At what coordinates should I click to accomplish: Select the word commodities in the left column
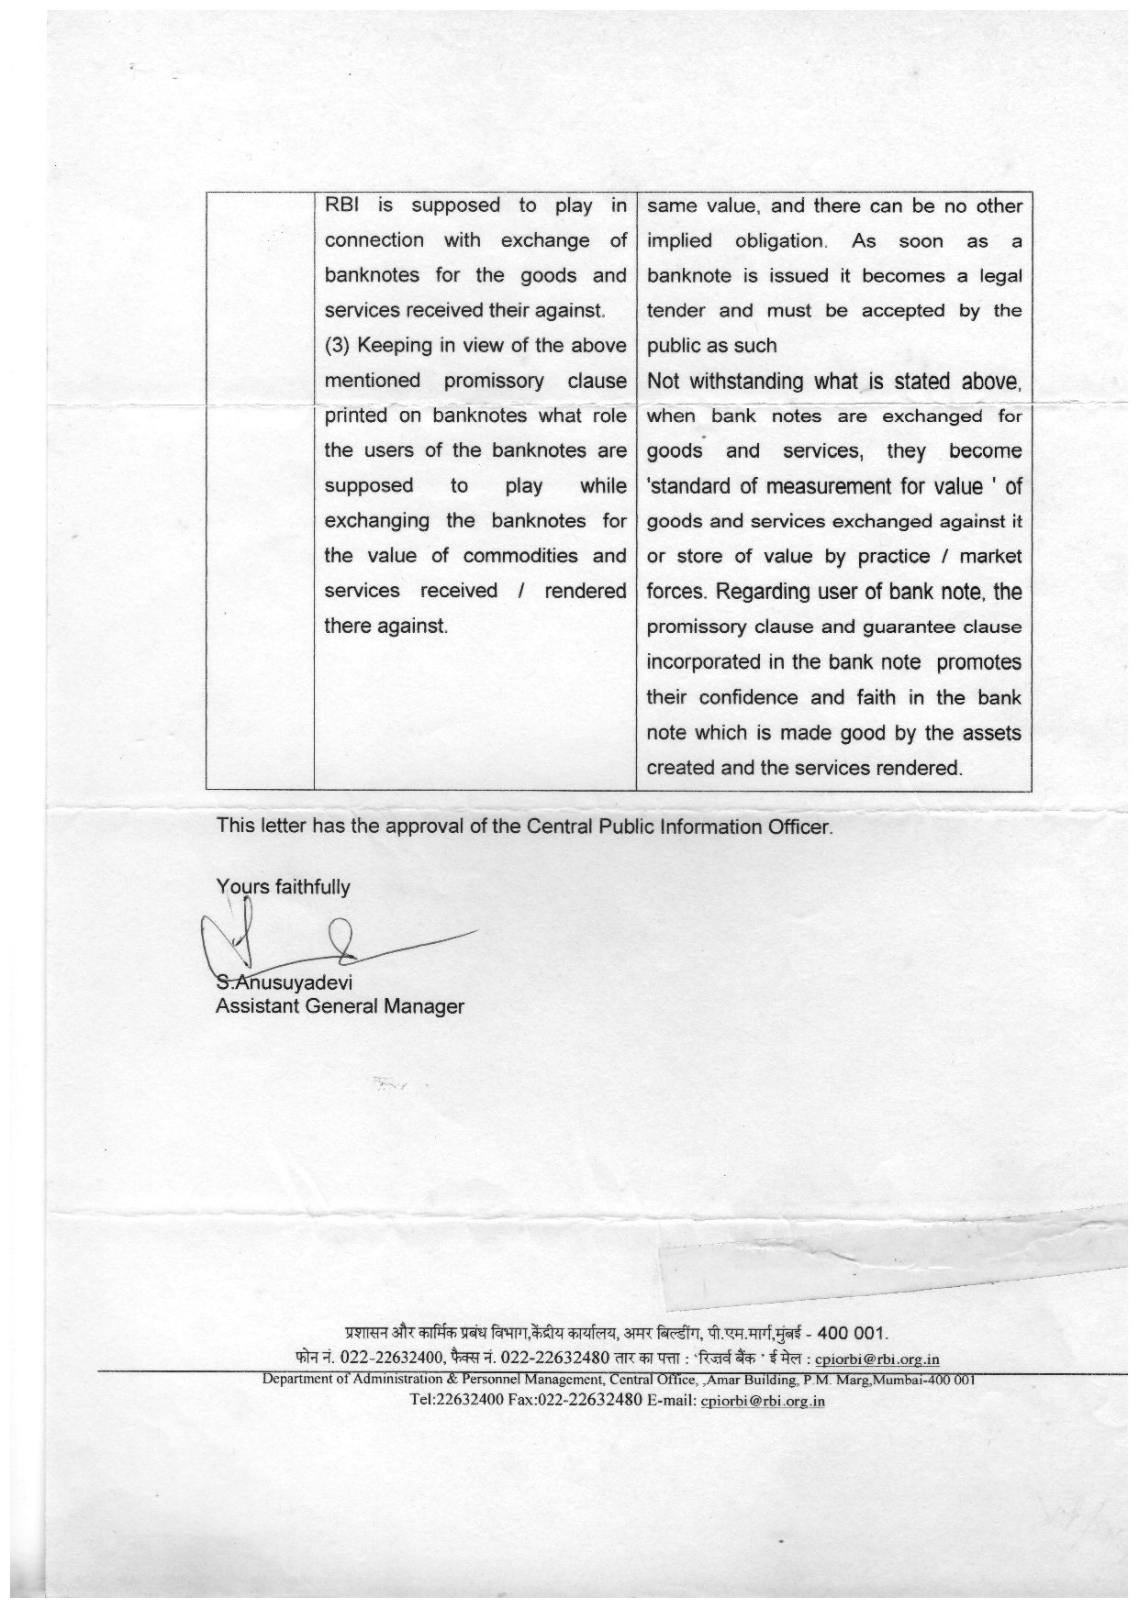(520, 556)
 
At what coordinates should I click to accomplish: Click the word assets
(991, 733)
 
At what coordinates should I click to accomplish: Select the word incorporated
(703, 662)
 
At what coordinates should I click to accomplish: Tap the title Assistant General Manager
(340, 1006)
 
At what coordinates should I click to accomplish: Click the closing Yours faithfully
(283, 886)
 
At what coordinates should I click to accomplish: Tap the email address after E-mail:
(763, 1401)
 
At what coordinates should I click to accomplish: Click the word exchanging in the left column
(377, 521)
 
